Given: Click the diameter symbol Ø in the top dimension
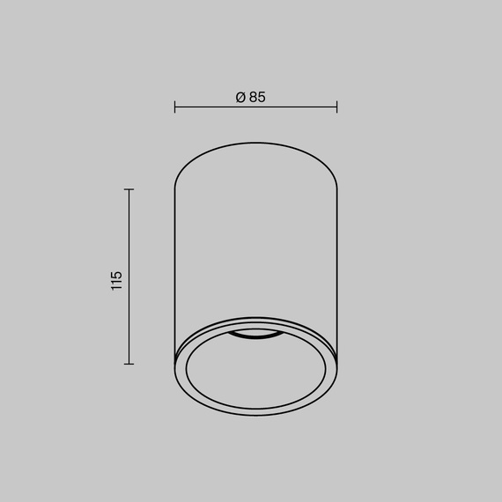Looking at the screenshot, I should tap(240, 98).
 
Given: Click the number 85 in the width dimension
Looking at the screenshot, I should tap(256, 98).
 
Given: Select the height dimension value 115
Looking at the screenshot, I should tap(117, 281).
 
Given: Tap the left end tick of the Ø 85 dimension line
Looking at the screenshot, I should tap(175, 107).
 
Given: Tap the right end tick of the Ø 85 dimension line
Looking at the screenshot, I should tap(336, 107).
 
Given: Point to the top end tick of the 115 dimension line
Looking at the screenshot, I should tap(129, 189).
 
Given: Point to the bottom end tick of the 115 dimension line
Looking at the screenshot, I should tap(129, 363).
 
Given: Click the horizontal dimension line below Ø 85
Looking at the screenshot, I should tap(255, 107).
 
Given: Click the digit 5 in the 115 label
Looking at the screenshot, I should tap(117, 274).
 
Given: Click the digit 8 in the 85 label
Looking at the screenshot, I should tap(251, 98).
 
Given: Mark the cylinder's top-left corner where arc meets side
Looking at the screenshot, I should tap(175, 188).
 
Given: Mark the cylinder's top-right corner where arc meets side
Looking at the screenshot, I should tap(336, 188).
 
